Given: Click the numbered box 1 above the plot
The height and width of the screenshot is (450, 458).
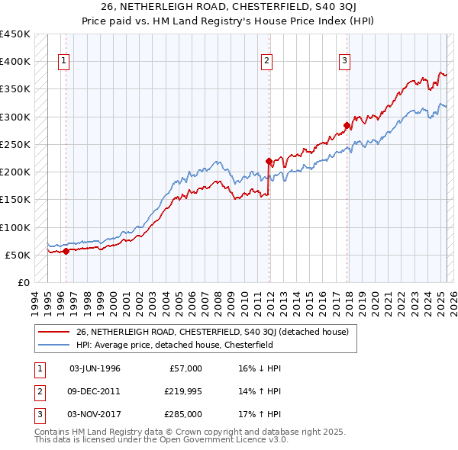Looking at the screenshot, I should coord(64,62).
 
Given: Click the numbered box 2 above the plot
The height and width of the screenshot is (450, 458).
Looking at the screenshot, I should coord(267,62).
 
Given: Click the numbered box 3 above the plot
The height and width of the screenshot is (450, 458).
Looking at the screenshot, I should coord(345,62).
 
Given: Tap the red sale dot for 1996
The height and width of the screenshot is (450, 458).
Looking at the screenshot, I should coord(66,250).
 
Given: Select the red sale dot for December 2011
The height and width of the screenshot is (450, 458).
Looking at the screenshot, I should coord(269,161).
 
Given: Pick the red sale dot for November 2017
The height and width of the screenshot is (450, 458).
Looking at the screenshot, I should coord(347,125).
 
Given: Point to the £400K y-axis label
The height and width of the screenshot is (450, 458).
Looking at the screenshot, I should coord(15,62).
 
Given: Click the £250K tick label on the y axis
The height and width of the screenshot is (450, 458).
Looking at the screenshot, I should coord(15,144).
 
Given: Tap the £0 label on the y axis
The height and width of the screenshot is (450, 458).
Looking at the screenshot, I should coord(24,282).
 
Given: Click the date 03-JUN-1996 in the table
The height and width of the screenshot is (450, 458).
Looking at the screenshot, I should coord(95,368).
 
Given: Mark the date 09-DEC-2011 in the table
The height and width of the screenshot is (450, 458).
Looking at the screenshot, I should coord(95,391).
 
